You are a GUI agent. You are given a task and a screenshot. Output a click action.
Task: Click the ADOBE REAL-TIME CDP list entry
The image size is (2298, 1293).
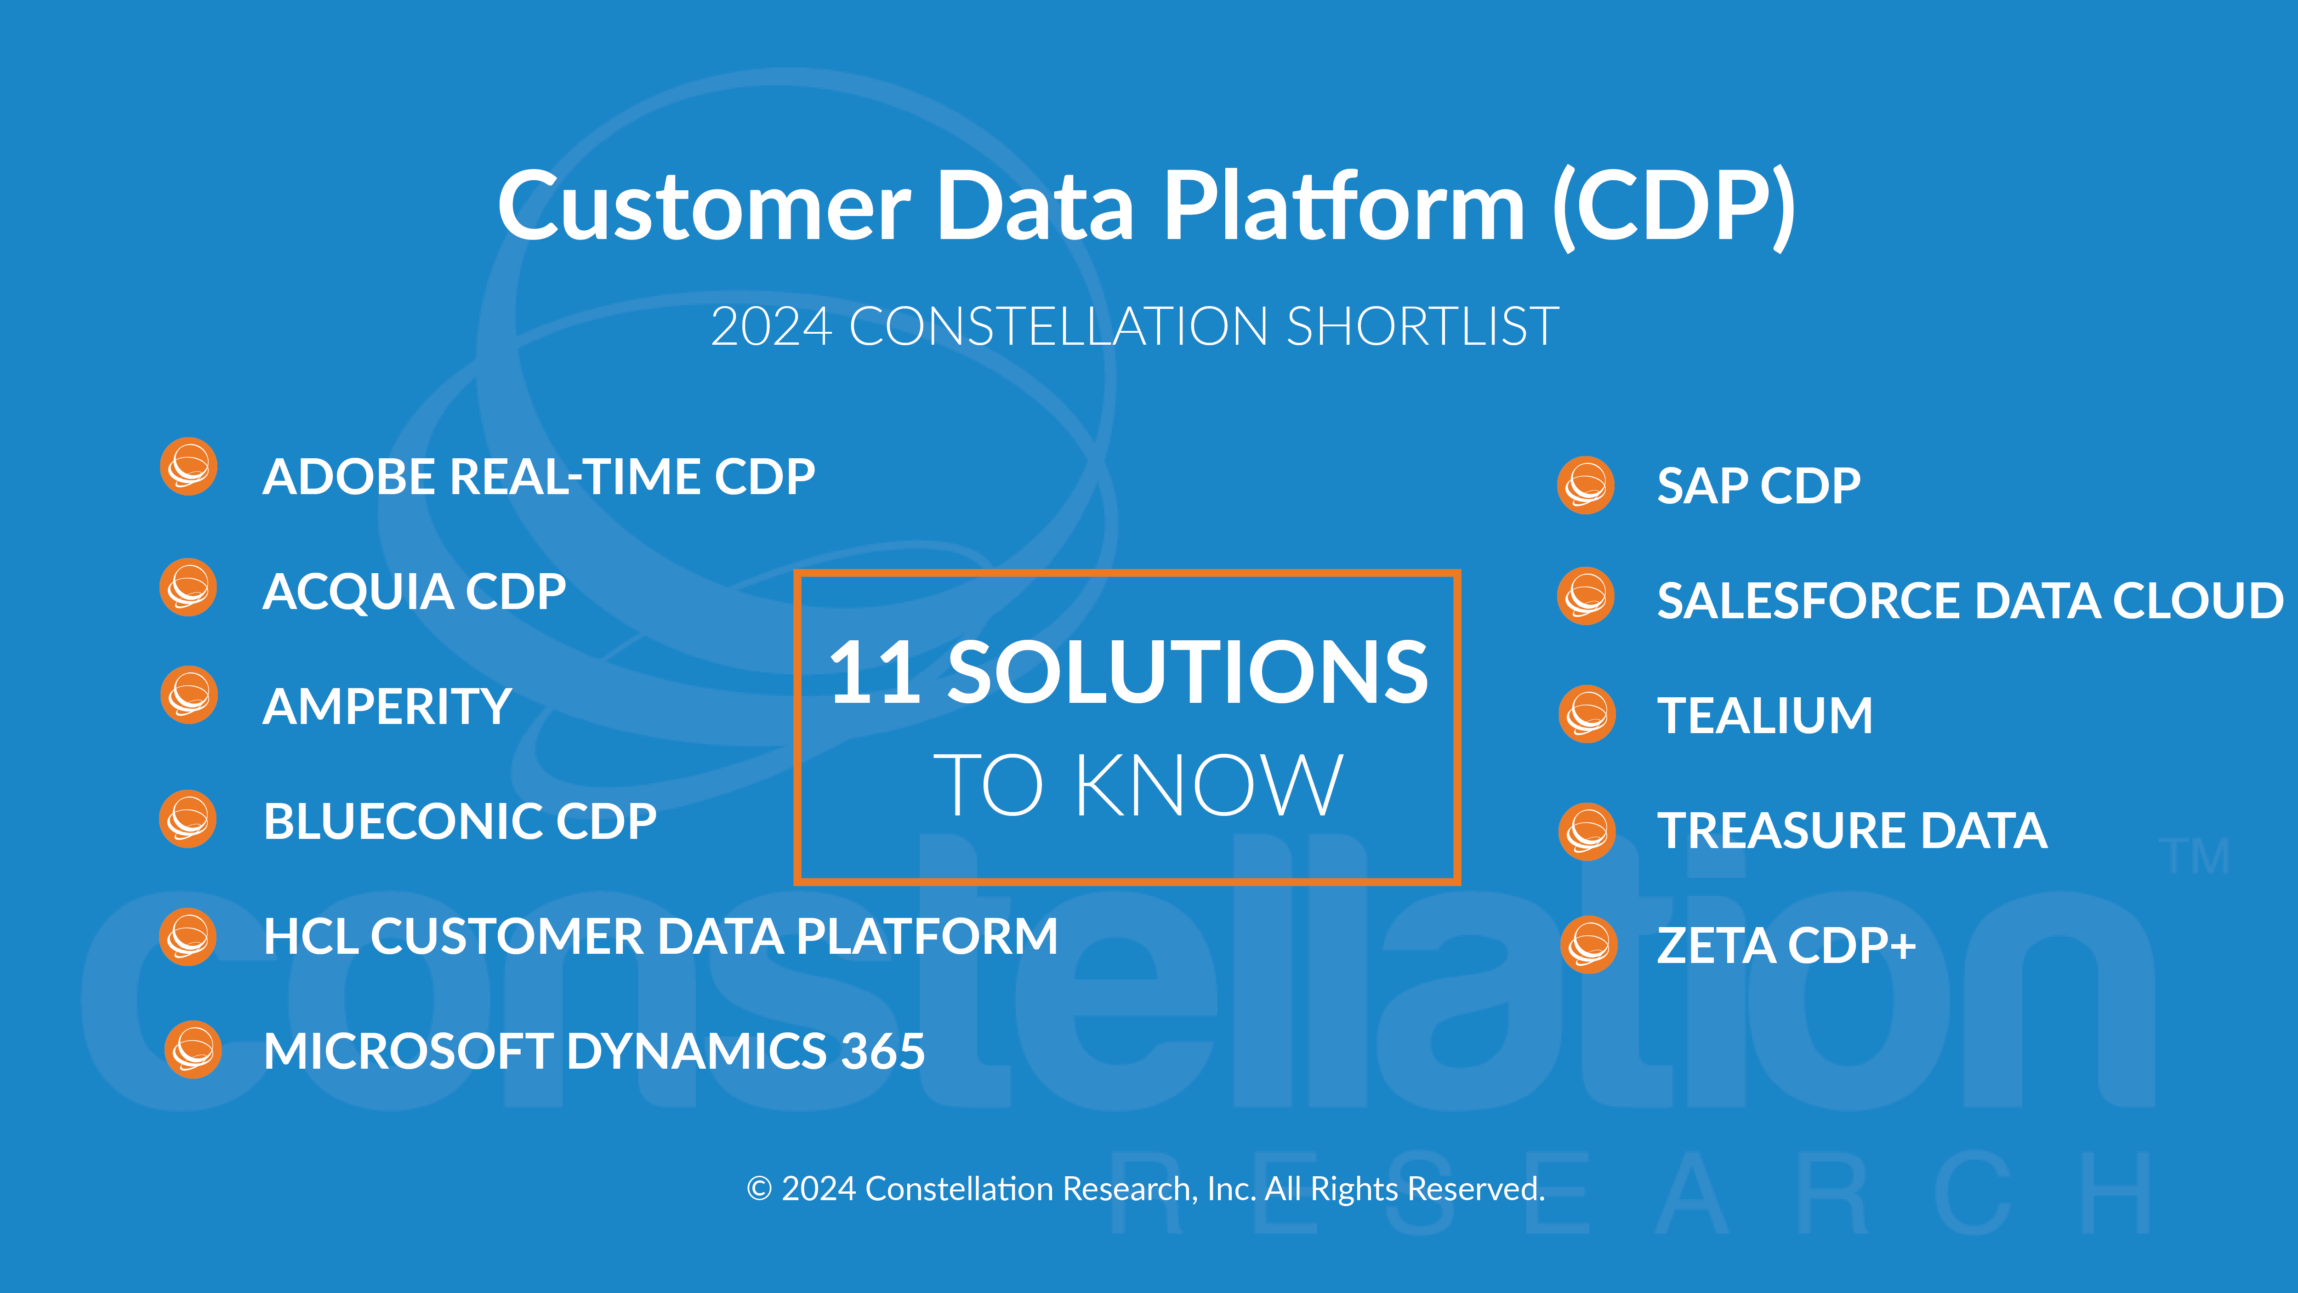click(539, 477)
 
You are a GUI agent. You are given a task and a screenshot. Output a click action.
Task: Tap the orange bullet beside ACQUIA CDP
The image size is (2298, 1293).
click(188, 587)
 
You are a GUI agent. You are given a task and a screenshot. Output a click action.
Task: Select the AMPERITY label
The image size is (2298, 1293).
click(387, 707)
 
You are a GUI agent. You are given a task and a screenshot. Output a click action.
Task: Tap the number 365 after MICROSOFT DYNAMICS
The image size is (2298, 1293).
click(883, 1051)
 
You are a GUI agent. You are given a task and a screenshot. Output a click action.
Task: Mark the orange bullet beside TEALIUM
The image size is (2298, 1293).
click(1587, 714)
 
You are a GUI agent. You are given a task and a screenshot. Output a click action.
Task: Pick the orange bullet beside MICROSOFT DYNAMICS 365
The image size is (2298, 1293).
click(193, 1049)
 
